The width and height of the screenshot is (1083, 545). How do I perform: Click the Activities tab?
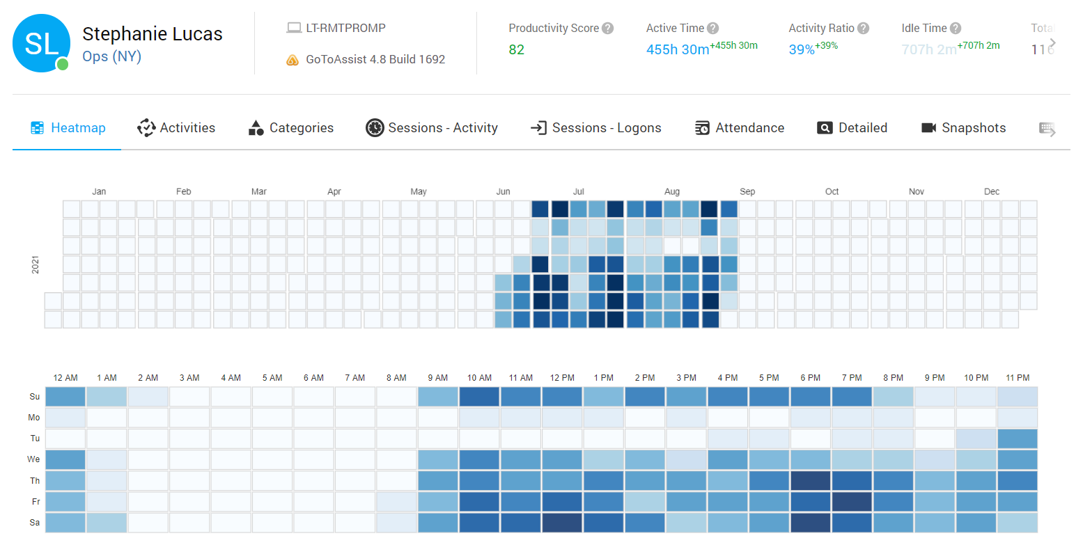coord(177,128)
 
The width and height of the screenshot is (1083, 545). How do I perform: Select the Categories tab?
coord(291,128)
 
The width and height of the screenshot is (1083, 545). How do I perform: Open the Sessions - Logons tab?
coord(596,128)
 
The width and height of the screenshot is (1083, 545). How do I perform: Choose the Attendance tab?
coord(740,128)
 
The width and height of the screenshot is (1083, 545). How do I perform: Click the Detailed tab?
coord(852,128)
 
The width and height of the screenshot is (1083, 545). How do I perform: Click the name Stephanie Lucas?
coord(153,34)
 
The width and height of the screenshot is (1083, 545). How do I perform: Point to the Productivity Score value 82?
coord(516,49)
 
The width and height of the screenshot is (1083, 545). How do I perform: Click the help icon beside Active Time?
coord(712,29)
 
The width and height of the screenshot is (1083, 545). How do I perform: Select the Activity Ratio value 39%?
coord(802,49)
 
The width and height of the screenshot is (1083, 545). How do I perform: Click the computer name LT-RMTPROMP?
coord(345,29)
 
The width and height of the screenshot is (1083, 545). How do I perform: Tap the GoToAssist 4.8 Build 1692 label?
coord(375,59)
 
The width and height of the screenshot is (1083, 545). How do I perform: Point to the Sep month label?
coord(747,191)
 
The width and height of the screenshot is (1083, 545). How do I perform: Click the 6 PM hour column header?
coord(810,377)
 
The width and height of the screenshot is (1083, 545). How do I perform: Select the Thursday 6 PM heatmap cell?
coord(810,481)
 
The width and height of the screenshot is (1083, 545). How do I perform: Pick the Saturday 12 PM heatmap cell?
coord(562,523)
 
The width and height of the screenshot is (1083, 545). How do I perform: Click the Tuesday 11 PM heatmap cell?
coord(1017,439)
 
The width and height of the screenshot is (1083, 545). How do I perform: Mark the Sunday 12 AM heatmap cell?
coord(65,397)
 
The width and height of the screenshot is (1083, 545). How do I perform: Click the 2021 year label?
coord(36,264)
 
